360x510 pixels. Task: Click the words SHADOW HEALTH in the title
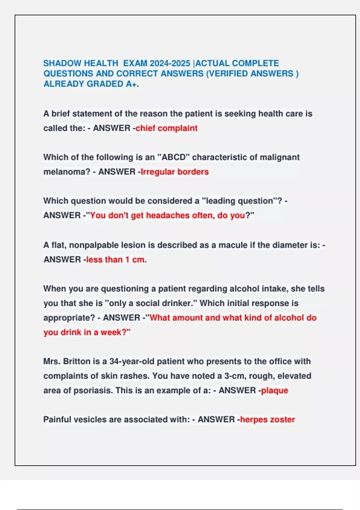pos(81,63)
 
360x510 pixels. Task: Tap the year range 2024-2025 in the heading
pos(170,63)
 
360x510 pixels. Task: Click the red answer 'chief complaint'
pos(166,128)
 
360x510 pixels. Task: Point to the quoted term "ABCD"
pos(173,157)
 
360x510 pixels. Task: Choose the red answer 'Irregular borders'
pos(175,172)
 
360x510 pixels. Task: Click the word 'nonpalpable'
pos(94,245)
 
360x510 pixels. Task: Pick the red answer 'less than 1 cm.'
pos(116,259)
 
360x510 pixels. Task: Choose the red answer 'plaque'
pos(274,391)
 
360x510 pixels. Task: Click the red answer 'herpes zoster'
pos(267,419)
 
